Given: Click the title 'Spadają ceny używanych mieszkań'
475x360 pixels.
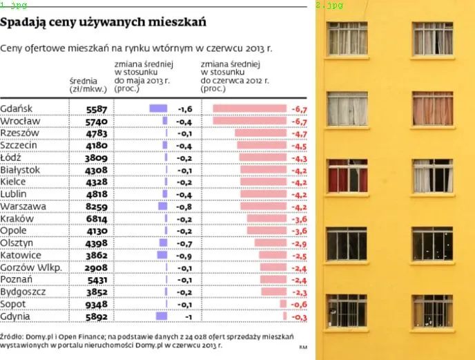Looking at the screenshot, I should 104,23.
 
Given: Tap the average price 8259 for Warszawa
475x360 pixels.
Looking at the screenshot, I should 96,206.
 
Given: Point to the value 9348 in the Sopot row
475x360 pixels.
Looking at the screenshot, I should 96,304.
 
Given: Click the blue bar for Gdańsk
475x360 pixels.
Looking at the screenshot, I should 158,108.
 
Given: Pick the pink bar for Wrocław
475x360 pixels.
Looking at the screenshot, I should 249,120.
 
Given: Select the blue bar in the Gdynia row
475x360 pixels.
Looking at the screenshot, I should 162,316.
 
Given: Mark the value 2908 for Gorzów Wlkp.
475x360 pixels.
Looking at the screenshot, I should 96,267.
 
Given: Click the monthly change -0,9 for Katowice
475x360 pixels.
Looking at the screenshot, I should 184,255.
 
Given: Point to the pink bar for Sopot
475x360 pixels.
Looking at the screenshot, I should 283,304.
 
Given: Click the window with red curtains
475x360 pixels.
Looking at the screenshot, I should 347,176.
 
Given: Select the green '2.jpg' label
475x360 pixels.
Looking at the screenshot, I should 329,5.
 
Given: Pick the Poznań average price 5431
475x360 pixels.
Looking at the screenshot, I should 96,280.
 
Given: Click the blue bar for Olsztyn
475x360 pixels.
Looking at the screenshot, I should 162,243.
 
